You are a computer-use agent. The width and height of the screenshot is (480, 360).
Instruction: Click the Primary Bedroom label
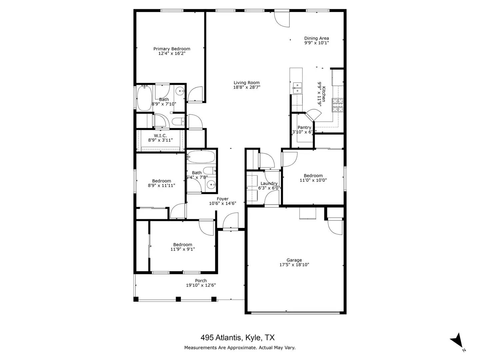tap(172, 49)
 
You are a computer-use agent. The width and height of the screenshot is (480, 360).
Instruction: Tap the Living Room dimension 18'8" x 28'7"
tap(246, 87)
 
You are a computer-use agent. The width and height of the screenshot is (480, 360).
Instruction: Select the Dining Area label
tap(316, 38)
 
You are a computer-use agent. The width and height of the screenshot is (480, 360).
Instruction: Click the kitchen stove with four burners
tap(337, 105)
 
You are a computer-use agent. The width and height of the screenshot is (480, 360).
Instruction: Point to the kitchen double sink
tap(297, 88)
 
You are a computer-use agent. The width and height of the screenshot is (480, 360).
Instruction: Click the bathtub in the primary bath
tap(144, 98)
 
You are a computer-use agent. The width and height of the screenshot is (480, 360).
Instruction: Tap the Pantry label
tap(304, 127)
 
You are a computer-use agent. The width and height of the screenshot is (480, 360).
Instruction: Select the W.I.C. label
tap(160, 136)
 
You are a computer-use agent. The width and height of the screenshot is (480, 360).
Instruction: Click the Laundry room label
tap(269, 183)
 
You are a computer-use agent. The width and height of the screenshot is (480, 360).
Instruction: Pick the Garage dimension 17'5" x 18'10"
tap(294, 265)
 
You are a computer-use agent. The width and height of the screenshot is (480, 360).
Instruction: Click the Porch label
tap(201, 281)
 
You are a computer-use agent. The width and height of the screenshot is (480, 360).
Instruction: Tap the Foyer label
tap(222, 199)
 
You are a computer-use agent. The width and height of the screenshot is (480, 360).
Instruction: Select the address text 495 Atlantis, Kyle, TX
tap(237, 338)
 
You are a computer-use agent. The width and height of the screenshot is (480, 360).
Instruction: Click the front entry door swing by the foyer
tap(231, 222)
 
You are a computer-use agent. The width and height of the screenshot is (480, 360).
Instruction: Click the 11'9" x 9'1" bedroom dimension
tap(182, 249)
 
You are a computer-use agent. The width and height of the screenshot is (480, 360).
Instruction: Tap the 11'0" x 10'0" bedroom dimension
tap(313, 180)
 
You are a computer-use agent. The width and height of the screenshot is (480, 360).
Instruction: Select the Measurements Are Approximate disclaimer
tap(240, 348)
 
